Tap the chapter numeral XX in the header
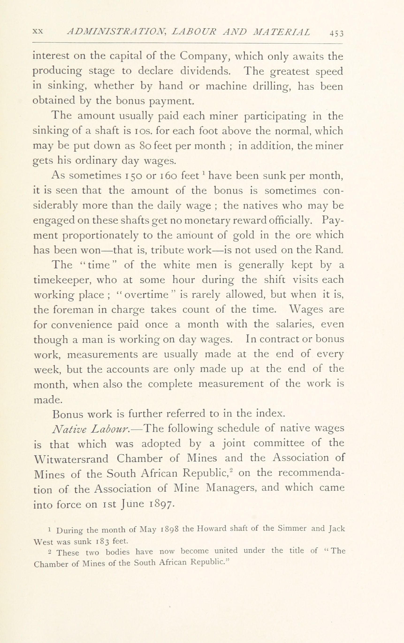coord(38,31)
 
